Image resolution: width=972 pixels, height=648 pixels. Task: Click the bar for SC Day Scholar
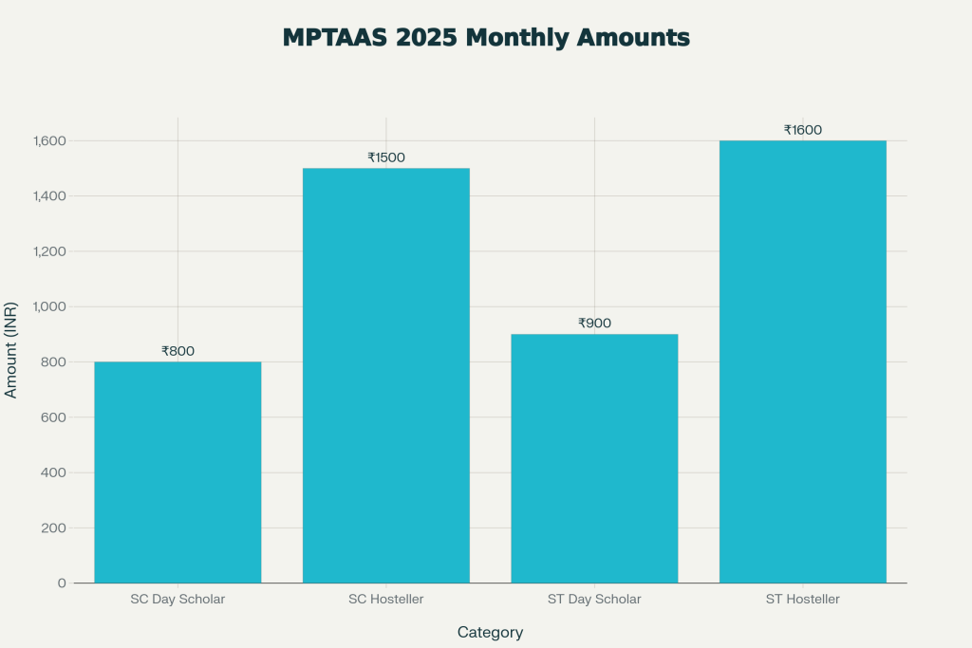click(178, 472)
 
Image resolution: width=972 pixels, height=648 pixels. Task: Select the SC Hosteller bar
click(385, 375)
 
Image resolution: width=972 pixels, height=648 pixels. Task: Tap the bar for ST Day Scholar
click(594, 458)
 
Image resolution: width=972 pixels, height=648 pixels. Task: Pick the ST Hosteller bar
click(802, 361)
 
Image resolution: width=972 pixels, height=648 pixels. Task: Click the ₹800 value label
click(178, 351)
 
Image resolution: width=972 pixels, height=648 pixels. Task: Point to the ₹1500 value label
click(385, 157)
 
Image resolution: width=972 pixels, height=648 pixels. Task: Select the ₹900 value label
click(594, 324)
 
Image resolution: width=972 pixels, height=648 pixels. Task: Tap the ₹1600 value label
click(802, 130)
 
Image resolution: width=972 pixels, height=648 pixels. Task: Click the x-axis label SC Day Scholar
click(178, 600)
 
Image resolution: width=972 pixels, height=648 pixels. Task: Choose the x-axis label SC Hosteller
click(385, 600)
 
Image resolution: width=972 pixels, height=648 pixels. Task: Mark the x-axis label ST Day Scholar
click(594, 600)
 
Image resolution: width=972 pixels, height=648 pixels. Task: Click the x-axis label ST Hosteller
click(802, 600)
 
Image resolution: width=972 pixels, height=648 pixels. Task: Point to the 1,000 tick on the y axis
click(47, 306)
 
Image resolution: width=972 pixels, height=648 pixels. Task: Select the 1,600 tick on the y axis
click(47, 140)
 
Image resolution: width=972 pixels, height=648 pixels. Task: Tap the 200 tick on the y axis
click(53, 528)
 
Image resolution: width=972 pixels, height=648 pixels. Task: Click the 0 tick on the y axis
click(62, 583)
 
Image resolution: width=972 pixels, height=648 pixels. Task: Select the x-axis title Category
click(490, 632)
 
